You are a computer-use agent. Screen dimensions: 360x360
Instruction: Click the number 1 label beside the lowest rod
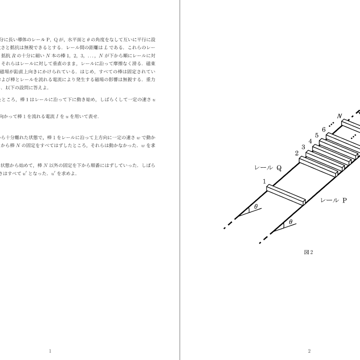264,181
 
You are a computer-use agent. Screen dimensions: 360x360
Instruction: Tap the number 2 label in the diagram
297,153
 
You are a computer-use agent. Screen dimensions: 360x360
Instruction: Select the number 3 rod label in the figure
303,147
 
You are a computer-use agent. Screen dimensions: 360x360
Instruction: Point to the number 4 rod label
310,141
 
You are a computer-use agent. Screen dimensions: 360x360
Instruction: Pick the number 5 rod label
317,135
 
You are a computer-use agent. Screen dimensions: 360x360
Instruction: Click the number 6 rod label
324,130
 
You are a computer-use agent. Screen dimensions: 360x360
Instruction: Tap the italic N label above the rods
339,116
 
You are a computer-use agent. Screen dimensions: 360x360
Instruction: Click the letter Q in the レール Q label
279,168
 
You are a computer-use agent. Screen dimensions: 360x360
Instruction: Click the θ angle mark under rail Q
256,207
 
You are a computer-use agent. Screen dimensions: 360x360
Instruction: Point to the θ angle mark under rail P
290,222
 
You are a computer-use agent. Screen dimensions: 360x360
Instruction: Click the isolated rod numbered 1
285,195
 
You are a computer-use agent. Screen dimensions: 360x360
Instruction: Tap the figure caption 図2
308,252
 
